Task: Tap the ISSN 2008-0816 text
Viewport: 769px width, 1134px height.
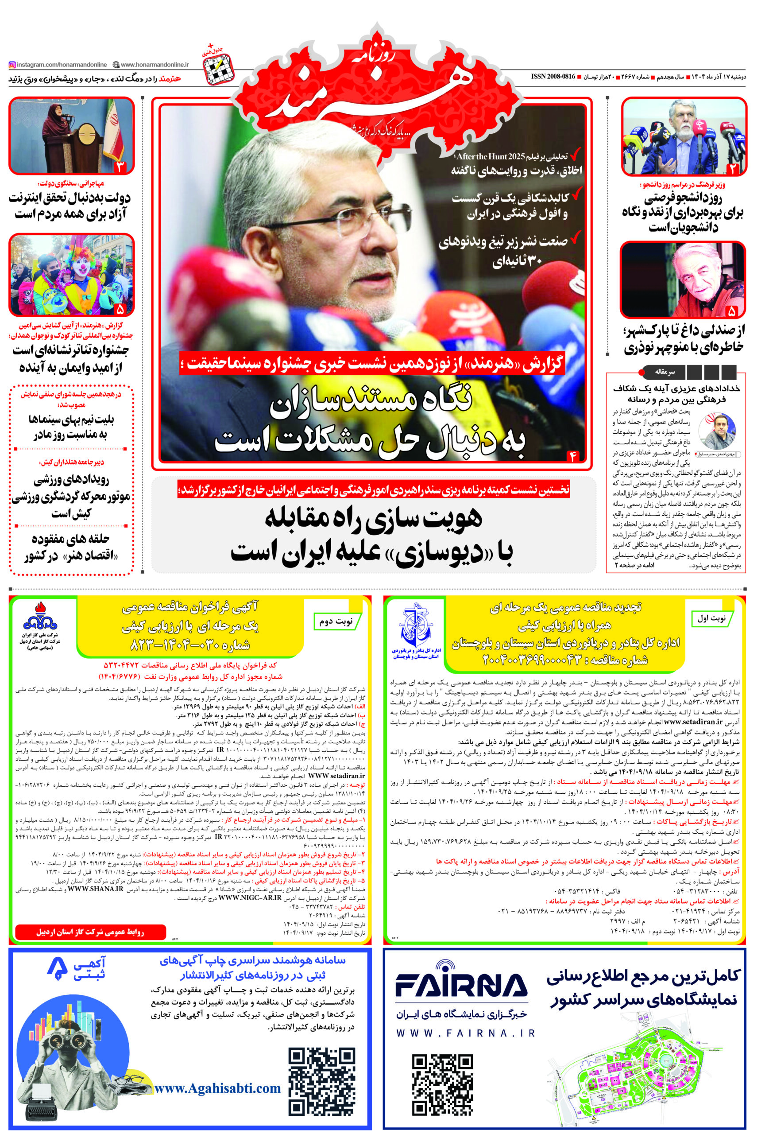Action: tap(553, 77)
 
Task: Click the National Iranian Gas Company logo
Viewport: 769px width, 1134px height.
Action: tap(40, 617)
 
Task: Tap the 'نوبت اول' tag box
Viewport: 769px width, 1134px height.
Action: tap(711, 618)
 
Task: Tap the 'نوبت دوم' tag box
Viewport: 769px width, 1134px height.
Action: tap(336, 621)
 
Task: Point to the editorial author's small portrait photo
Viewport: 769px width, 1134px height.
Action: tap(717, 431)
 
